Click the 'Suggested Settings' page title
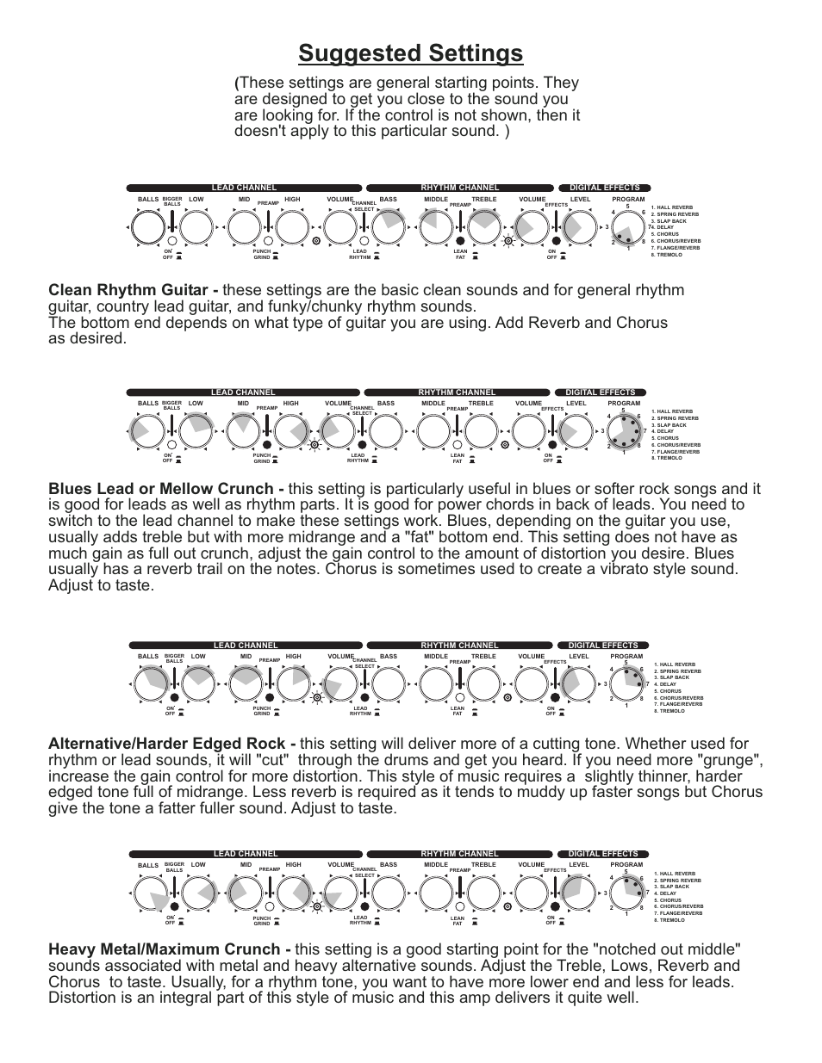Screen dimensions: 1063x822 coord(410,53)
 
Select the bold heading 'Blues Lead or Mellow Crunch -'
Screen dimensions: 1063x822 coord(166,489)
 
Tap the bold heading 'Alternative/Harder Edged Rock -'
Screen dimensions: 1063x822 coord(172,744)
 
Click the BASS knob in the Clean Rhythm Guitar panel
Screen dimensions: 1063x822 coord(388,228)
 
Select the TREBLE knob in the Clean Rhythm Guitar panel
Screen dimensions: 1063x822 coord(483,228)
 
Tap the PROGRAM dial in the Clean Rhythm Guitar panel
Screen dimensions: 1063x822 coord(629,228)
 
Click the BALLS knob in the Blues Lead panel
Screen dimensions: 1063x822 coord(147,431)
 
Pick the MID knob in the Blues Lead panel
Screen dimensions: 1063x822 coord(243,431)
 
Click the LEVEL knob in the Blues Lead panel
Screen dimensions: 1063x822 coord(576,431)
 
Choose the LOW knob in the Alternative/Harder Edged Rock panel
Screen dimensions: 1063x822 coord(198,685)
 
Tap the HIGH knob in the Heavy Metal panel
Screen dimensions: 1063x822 coord(294,894)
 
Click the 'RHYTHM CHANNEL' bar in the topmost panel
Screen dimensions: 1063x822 coord(459,188)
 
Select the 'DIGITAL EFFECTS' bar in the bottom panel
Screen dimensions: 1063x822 coord(603,854)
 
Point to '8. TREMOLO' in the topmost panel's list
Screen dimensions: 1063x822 coord(668,255)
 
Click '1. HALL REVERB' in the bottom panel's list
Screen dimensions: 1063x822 coord(675,874)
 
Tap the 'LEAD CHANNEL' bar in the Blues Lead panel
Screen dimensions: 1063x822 coord(243,392)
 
